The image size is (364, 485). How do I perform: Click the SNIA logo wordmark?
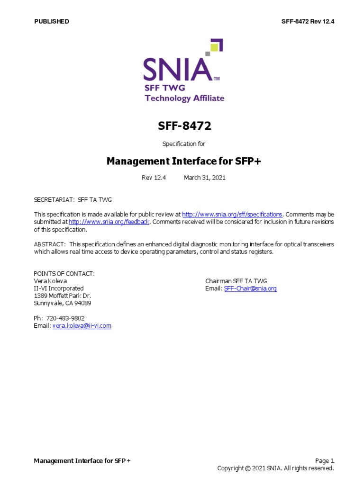(x=177, y=70)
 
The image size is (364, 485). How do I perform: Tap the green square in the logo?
(x=215, y=47)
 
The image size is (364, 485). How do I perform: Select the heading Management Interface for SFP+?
(x=184, y=161)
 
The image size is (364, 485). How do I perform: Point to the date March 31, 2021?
(x=204, y=178)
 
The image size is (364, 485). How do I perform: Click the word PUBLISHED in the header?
(x=52, y=21)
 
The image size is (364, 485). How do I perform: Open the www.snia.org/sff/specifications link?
(x=232, y=215)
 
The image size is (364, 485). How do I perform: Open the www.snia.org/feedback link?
(x=109, y=222)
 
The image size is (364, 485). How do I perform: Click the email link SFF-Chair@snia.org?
(x=249, y=288)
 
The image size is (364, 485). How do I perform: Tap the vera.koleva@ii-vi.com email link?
(x=82, y=326)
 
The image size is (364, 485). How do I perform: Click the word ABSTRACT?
(x=49, y=244)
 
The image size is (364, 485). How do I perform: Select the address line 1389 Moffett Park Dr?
(x=63, y=296)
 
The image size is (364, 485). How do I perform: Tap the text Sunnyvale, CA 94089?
(x=63, y=303)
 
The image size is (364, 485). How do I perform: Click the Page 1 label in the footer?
(x=325, y=460)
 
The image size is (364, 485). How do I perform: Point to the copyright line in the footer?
(x=275, y=468)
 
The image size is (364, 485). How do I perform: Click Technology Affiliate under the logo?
(x=184, y=99)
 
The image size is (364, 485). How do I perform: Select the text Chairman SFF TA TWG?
(x=236, y=281)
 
